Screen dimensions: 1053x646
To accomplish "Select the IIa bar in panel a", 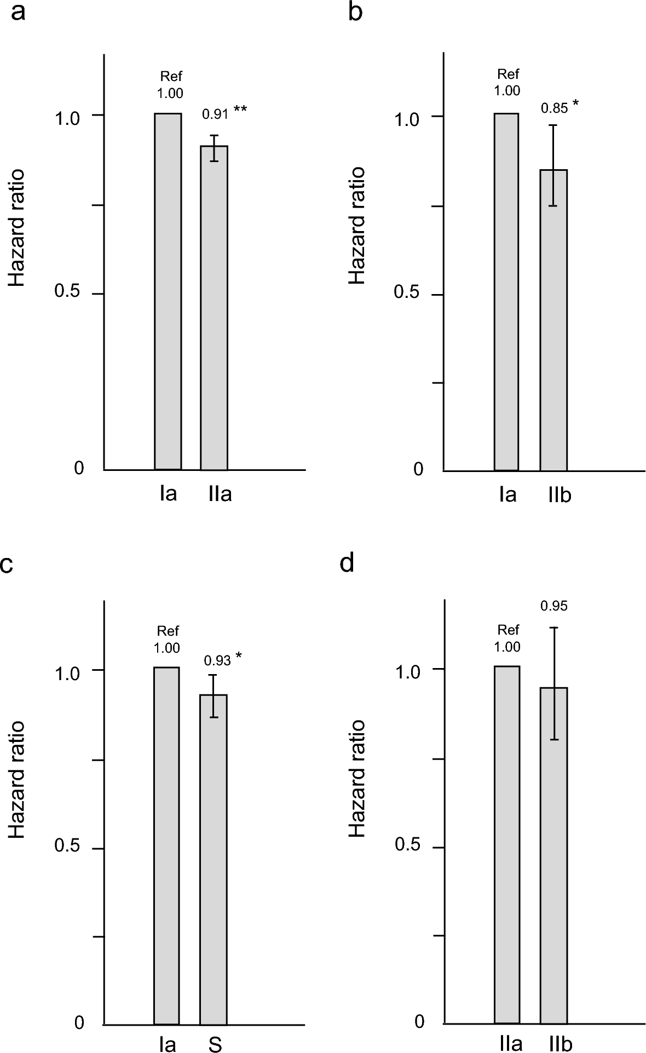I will [214, 307].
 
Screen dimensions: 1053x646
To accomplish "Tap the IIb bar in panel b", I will [553, 320].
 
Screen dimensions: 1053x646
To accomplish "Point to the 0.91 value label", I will [215, 114].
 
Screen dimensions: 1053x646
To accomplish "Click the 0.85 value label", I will [554, 108].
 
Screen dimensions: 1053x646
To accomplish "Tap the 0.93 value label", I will [217, 661].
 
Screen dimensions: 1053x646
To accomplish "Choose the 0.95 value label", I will [554, 606].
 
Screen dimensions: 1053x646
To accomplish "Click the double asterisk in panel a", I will [240, 110].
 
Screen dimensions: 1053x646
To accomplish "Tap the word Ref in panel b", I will [507, 74].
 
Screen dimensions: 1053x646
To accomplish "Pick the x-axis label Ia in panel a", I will [169, 494].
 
